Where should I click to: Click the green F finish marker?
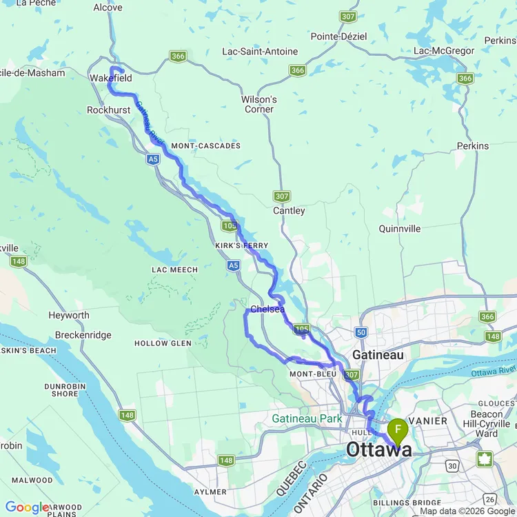pos(398,431)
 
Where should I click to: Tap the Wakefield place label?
pos(110,79)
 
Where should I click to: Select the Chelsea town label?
pos(267,310)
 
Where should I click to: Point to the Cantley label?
pos(289,210)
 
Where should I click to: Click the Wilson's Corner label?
pos(258,104)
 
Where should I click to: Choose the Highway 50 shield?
pos(362,332)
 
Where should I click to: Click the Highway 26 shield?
pos(489,498)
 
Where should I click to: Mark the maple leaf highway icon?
pos(485,459)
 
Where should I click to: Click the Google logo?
pos(26,507)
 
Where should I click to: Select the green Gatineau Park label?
pos(307,418)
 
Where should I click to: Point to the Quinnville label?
pos(399,229)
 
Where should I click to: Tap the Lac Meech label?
pos(174,270)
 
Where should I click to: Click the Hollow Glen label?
pos(161,343)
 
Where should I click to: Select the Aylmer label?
pos(210,491)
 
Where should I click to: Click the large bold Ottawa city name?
pos(379,450)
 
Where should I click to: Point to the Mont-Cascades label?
pos(205,146)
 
